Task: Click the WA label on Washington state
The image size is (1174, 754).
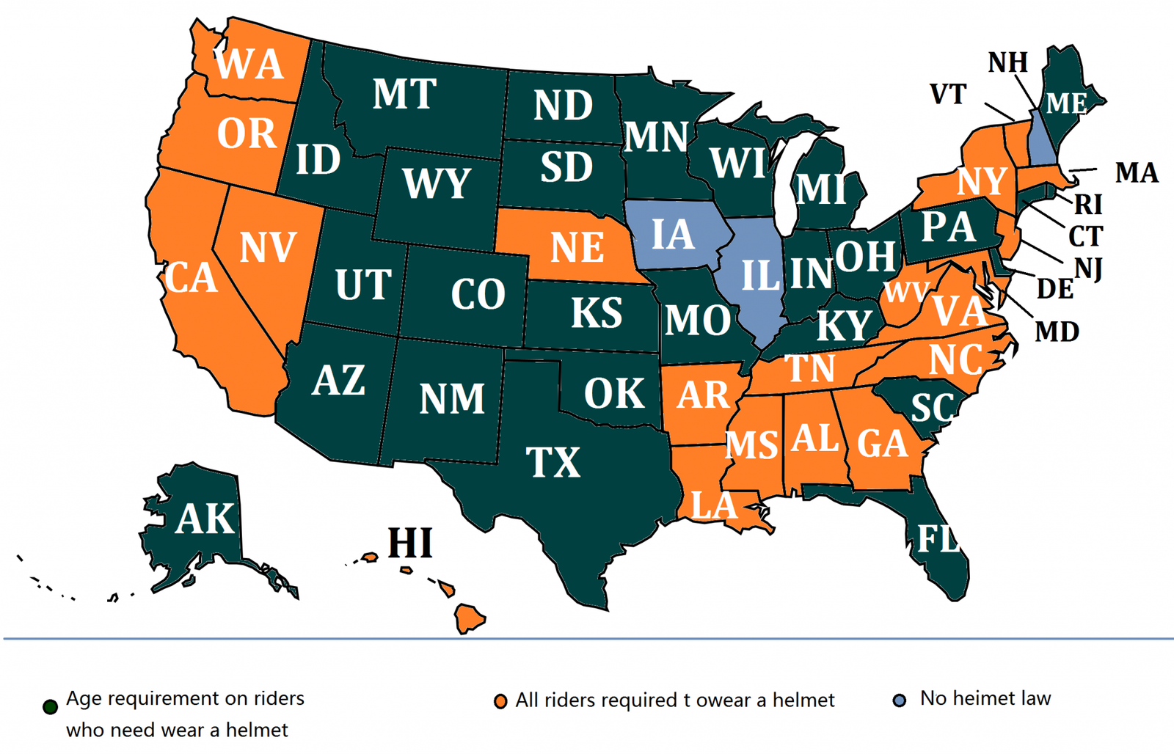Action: click(249, 65)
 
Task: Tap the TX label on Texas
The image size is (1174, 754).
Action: click(553, 463)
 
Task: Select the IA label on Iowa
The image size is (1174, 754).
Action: click(672, 235)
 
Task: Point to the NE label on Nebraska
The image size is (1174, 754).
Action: click(577, 247)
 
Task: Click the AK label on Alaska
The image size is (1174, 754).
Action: click(205, 519)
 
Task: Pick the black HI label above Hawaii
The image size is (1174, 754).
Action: click(410, 543)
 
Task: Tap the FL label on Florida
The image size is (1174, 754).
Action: click(937, 540)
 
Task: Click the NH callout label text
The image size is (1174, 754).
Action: click(1007, 63)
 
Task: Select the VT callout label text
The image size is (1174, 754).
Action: click(947, 95)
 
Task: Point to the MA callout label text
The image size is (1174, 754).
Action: click(1136, 173)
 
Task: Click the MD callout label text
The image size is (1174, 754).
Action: click(1057, 332)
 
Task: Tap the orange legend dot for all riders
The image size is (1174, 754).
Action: click(500, 702)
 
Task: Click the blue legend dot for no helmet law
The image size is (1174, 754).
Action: click(899, 700)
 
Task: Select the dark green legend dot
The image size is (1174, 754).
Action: click(50, 707)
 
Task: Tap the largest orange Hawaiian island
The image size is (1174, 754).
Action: click(469, 618)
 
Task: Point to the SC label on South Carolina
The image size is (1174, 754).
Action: click(932, 408)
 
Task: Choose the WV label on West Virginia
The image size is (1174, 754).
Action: click(905, 293)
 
